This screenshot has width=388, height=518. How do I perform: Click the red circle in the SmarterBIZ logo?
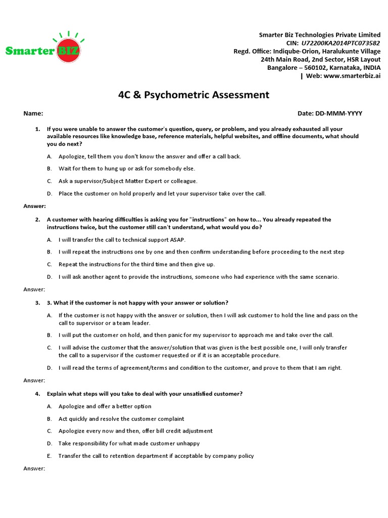(68, 51)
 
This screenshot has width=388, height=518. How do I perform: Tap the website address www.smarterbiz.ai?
(352, 75)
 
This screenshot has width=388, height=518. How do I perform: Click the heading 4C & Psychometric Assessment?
(194, 95)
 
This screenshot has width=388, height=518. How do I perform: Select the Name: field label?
(33, 113)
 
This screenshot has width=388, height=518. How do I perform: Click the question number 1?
(37, 129)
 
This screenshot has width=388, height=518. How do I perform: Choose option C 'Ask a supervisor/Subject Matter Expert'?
(128, 181)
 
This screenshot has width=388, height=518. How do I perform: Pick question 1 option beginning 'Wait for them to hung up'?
(126, 168)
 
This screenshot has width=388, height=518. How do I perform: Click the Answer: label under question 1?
(34, 206)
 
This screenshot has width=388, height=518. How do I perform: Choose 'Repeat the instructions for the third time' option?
(136, 264)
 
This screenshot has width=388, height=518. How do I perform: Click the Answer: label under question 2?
(34, 289)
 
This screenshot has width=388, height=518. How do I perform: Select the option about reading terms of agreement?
(200, 368)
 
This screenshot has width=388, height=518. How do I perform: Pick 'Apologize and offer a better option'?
(105, 406)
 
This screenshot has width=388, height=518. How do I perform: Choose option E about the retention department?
(156, 456)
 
